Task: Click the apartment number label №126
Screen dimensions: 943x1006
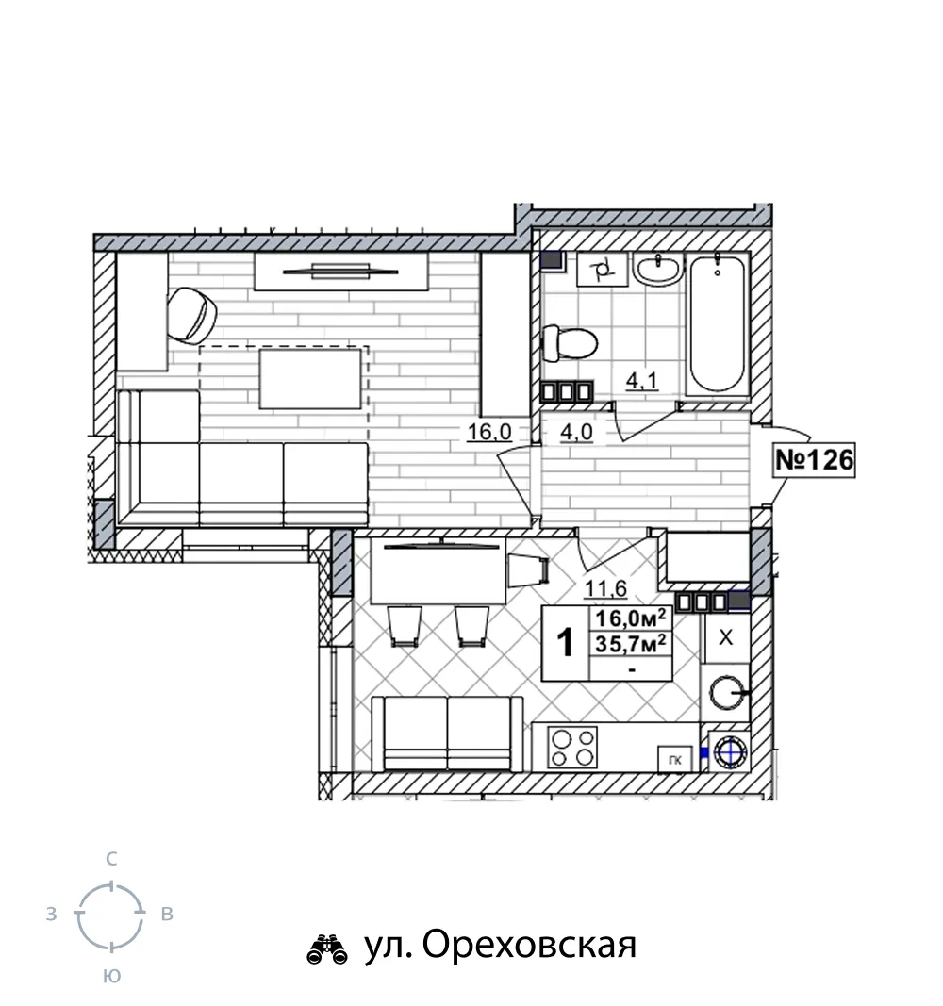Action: coord(815,459)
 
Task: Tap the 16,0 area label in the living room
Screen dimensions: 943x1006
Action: coord(489,432)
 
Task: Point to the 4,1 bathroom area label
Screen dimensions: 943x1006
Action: coord(641,381)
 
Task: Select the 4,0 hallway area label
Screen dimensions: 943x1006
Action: coord(576,432)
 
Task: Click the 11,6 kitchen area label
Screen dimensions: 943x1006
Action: coord(604,587)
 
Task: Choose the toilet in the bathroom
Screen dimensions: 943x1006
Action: coord(570,343)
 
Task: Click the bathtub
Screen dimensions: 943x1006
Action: coord(718,324)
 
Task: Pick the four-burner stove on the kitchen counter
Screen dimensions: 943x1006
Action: coord(572,748)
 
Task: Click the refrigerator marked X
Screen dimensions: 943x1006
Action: coord(726,637)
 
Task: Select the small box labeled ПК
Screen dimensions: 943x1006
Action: coord(675,761)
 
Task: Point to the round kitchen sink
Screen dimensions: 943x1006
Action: coord(727,693)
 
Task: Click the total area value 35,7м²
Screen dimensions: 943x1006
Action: coord(632,643)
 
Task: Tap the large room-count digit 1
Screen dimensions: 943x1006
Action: coord(565,643)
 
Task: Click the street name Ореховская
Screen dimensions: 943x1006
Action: coord(529,945)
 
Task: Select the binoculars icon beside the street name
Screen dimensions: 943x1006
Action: coord(327,949)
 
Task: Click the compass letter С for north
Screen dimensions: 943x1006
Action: coord(111,858)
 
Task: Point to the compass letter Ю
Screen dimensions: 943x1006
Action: coord(111,977)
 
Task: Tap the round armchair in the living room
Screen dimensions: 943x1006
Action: coord(191,315)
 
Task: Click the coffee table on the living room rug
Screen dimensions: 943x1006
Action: coord(310,378)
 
